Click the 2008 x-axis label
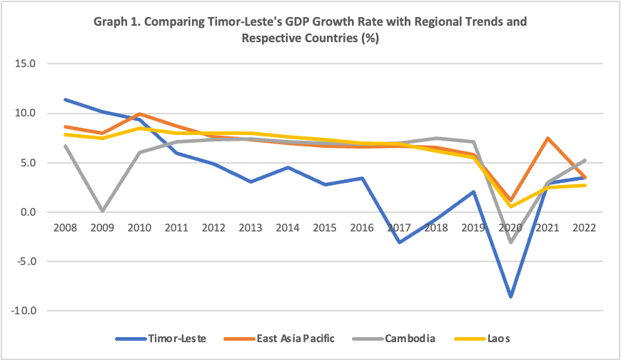click(65, 227)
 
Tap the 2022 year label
click(585, 227)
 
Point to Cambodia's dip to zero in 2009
click(102, 211)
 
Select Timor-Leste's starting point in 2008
click(65, 99)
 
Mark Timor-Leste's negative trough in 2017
click(399, 242)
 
